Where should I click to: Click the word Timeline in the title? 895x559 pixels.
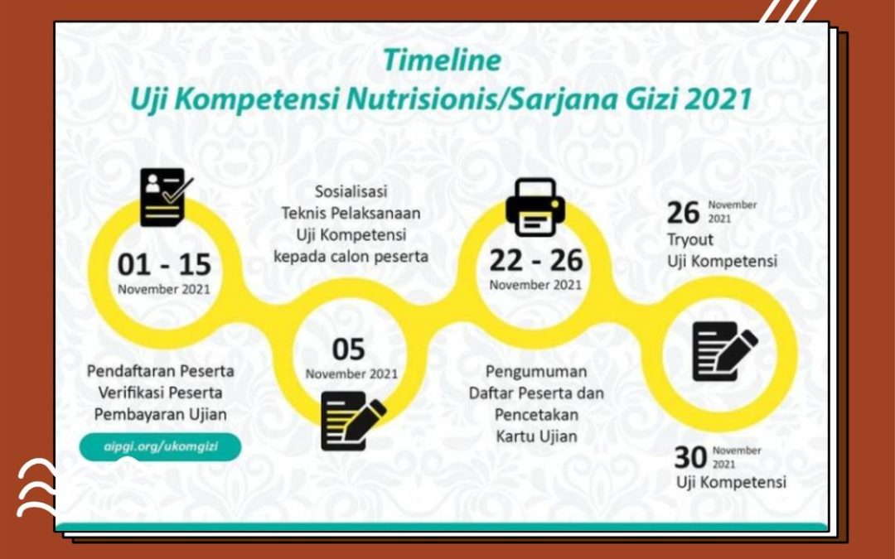pyautogui.click(x=442, y=60)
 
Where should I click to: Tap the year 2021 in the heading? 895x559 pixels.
pyautogui.click(x=718, y=99)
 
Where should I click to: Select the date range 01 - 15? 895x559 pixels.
pyautogui.click(x=164, y=264)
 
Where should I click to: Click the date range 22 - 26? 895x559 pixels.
pyautogui.click(x=536, y=260)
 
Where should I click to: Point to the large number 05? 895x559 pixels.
pyautogui.click(x=348, y=349)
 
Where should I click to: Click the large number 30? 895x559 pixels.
pyautogui.click(x=690, y=457)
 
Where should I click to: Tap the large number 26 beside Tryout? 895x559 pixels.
pyautogui.click(x=683, y=214)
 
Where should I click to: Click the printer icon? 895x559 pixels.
pyautogui.click(x=535, y=207)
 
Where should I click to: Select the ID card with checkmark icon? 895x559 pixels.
pyautogui.click(x=166, y=197)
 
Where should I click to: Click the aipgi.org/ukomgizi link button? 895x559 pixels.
pyautogui.click(x=161, y=446)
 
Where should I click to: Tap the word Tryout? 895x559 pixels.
pyautogui.click(x=690, y=240)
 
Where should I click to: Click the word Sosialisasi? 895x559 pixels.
pyautogui.click(x=351, y=191)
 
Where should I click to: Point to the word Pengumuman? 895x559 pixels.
pyautogui.click(x=536, y=373)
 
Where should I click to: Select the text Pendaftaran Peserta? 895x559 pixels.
pyautogui.click(x=161, y=371)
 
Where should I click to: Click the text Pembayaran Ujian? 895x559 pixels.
pyautogui.click(x=161, y=415)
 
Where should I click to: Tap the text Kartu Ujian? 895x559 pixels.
pyautogui.click(x=536, y=437)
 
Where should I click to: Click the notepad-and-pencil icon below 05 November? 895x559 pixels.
pyautogui.click(x=353, y=421)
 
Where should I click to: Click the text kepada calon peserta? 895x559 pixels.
pyautogui.click(x=351, y=257)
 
